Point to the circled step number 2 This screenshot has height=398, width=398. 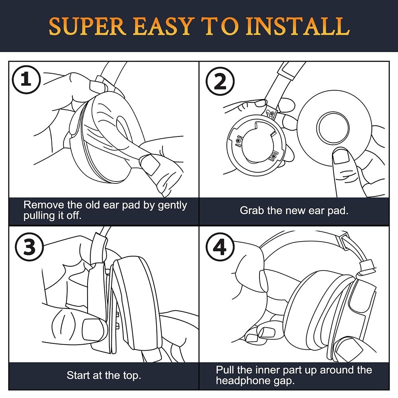tap(220, 82)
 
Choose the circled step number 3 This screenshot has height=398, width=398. tap(26, 247)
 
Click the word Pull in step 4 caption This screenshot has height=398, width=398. tap(224, 370)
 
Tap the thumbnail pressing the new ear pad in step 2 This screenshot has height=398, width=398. tap(341, 156)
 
